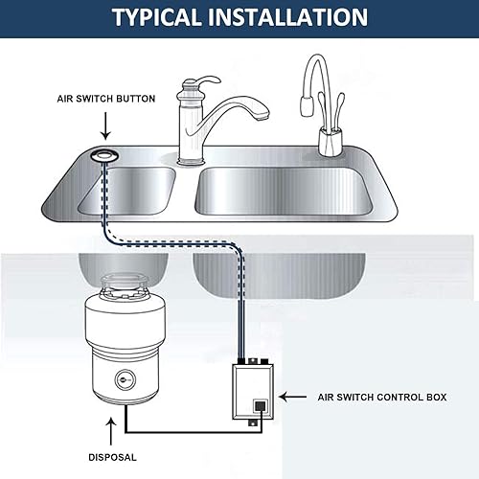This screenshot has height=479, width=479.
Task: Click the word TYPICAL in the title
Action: pyautogui.click(x=159, y=17)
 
